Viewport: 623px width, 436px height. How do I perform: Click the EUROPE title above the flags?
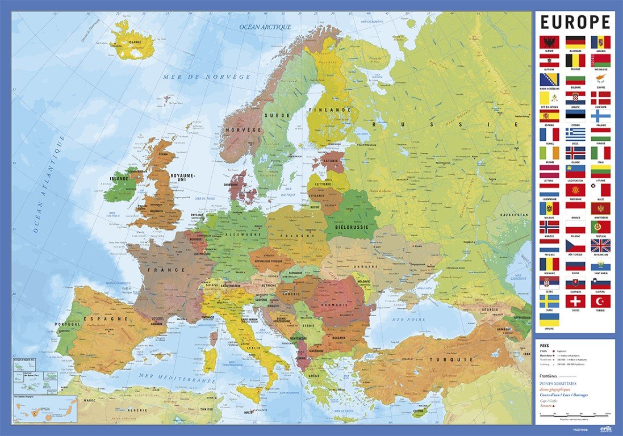pos(575,22)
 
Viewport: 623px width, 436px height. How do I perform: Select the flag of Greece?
pos(575,134)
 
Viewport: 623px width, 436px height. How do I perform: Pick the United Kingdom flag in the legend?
pos(600,245)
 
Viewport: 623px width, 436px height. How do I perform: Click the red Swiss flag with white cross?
pos(575,301)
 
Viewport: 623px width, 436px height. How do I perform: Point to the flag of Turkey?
pos(600,301)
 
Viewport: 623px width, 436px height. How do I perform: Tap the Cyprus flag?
pos(600,79)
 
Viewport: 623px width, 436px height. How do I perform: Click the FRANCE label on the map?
pos(160,270)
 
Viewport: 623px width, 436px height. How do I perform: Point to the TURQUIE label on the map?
pos(427,359)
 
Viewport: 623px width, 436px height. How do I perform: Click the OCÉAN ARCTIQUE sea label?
pos(265,27)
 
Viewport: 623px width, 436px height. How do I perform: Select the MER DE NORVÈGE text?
pos(206,76)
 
